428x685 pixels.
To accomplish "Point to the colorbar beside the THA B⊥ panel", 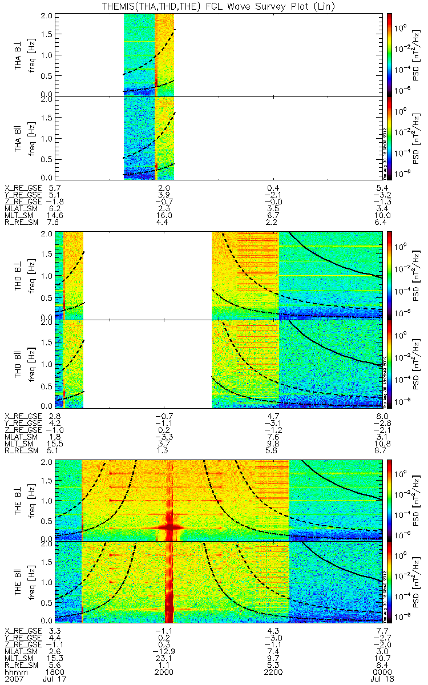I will pyautogui.click(x=390, y=54).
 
